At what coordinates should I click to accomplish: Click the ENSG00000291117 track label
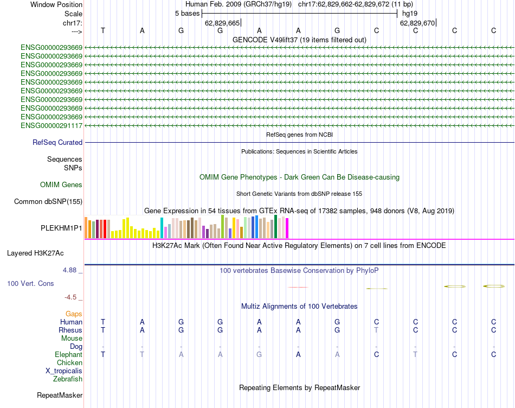pyautogui.click(x=51, y=126)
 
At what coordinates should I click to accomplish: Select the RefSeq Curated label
pyautogui.click(x=57, y=143)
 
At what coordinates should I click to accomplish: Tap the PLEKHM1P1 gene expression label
pyautogui.click(x=61, y=228)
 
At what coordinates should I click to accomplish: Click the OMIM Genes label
pyautogui.click(x=61, y=185)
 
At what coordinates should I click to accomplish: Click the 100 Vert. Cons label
pyautogui.click(x=31, y=283)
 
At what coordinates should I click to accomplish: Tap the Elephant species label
pyautogui.click(x=69, y=354)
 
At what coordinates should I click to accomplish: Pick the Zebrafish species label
pyautogui.click(x=68, y=379)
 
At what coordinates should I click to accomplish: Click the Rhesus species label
pyautogui.click(x=70, y=330)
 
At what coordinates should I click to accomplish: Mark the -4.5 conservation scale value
pyautogui.click(x=73, y=297)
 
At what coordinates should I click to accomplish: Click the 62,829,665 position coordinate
pyautogui.click(x=222, y=23)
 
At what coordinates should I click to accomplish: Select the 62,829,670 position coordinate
pyautogui.click(x=417, y=23)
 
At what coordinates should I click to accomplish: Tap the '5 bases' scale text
pyautogui.click(x=187, y=13)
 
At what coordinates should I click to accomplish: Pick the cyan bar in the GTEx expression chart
pyautogui.click(x=162, y=227)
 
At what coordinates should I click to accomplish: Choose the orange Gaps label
pyautogui.click(x=74, y=314)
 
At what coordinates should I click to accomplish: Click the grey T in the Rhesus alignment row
pyautogui.click(x=376, y=330)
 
